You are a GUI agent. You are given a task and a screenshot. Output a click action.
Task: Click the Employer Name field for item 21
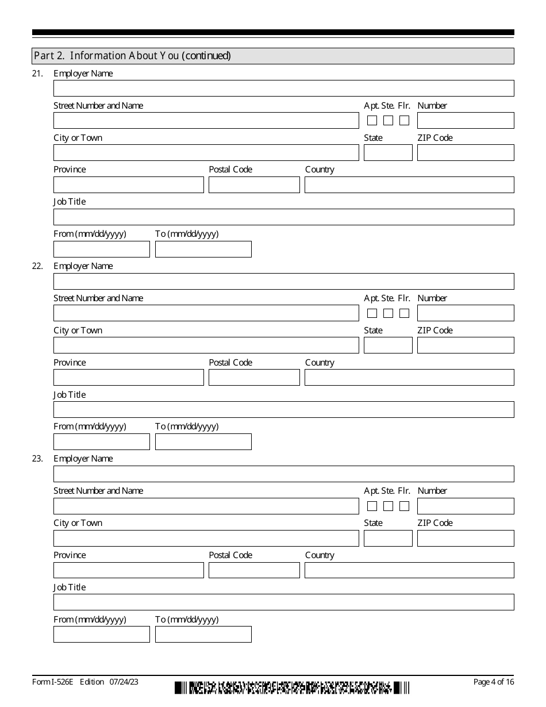point(283,88)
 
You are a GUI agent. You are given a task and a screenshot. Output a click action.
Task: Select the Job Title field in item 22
point(283,409)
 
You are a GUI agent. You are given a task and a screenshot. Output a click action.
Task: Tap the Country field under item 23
point(409,570)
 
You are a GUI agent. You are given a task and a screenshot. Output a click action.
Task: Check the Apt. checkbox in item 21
point(372,121)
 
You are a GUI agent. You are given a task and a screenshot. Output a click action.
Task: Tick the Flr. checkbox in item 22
point(405,313)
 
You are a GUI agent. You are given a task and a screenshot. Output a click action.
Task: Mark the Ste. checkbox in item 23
point(389,506)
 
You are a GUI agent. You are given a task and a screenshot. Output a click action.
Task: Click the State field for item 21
point(388,152)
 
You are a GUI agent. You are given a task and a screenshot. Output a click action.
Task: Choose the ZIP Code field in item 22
point(466,345)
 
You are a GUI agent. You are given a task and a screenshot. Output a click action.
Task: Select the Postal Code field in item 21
point(254,185)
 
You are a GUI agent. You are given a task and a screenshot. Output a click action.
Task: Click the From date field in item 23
point(101,634)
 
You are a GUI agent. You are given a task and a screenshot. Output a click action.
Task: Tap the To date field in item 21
point(203,249)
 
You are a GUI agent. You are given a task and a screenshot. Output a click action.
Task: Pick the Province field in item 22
point(128,377)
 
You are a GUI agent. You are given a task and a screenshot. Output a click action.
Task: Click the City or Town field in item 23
point(206,538)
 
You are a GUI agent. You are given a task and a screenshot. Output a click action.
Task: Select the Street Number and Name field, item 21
point(206,120)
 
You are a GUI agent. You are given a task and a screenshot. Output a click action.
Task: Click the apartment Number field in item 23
point(466,506)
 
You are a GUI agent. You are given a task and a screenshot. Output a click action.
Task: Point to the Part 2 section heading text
point(133,56)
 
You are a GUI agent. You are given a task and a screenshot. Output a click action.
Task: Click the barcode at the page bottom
point(292,687)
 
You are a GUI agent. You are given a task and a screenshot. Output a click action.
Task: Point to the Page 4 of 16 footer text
point(493,682)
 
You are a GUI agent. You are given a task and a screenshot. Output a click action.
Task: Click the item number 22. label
point(37,266)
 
